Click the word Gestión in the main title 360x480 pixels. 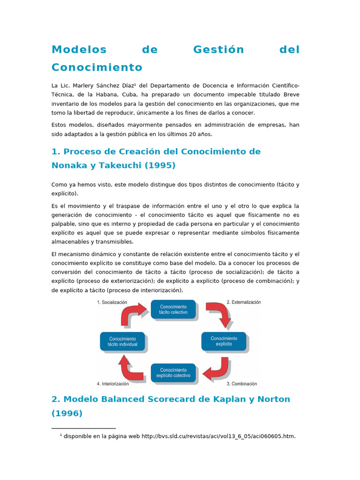tap(218, 50)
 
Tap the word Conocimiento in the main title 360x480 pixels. tap(97, 67)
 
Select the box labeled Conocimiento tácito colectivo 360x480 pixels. tap(173, 309)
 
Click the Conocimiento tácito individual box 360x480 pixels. tap(122, 341)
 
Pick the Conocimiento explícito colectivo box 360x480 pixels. tap(173, 373)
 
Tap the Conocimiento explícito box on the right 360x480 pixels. tap(224, 341)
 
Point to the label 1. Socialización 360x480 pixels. tap(112, 303)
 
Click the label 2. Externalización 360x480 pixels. tap(244, 302)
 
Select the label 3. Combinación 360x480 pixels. tap(241, 383)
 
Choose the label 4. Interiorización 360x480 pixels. tap(113, 383)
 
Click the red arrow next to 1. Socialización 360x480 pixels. tap(134, 314)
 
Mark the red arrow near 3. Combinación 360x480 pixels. tap(216, 369)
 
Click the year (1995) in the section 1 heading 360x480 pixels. tap(159, 165)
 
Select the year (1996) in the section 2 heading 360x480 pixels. tap(67, 413)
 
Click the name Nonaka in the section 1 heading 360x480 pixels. tap(70, 165)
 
